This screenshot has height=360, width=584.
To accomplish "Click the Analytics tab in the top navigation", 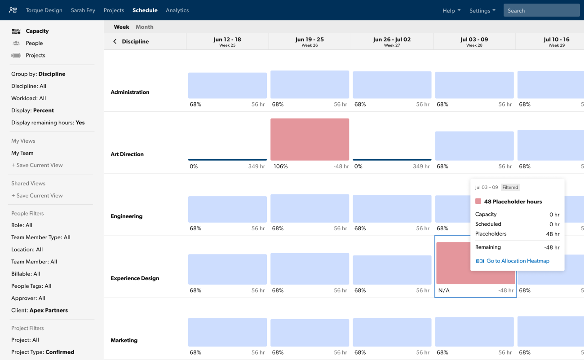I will point(177,10).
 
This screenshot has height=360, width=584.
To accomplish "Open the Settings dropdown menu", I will point(482,11).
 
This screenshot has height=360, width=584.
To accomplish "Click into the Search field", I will point(541,11).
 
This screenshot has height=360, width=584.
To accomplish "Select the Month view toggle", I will point(144,27).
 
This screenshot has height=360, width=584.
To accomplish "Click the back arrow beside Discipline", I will point(115,41).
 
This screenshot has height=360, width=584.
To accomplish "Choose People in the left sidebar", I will point(34,43).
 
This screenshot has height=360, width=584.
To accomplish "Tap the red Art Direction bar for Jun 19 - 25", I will point(310,139).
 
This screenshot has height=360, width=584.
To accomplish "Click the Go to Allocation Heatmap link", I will point(518,261).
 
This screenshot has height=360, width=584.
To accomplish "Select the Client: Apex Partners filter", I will point(40,310).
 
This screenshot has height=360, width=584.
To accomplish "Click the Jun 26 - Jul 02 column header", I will point(392,41).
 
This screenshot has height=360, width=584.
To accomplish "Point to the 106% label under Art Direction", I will point(280,167).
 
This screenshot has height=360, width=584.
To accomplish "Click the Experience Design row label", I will point(135,278).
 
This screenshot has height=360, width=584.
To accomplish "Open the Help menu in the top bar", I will point(451,11).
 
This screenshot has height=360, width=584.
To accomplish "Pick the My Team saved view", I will point(22,153).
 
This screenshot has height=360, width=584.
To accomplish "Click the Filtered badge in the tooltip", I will point(510,187).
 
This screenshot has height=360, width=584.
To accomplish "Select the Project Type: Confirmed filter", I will point(43,352).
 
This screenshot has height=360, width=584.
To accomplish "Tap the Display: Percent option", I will point(32,110).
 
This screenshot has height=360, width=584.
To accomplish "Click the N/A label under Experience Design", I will point(444,290).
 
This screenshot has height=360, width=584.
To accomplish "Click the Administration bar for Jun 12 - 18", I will point(227,86).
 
